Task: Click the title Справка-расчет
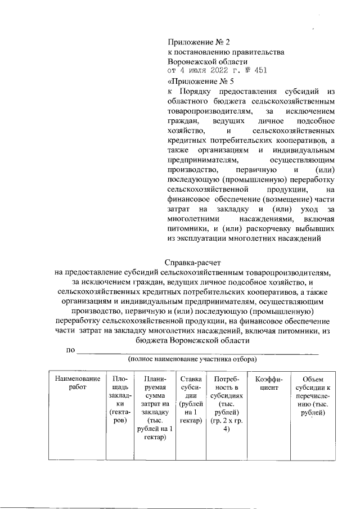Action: (x=193, y=263)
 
